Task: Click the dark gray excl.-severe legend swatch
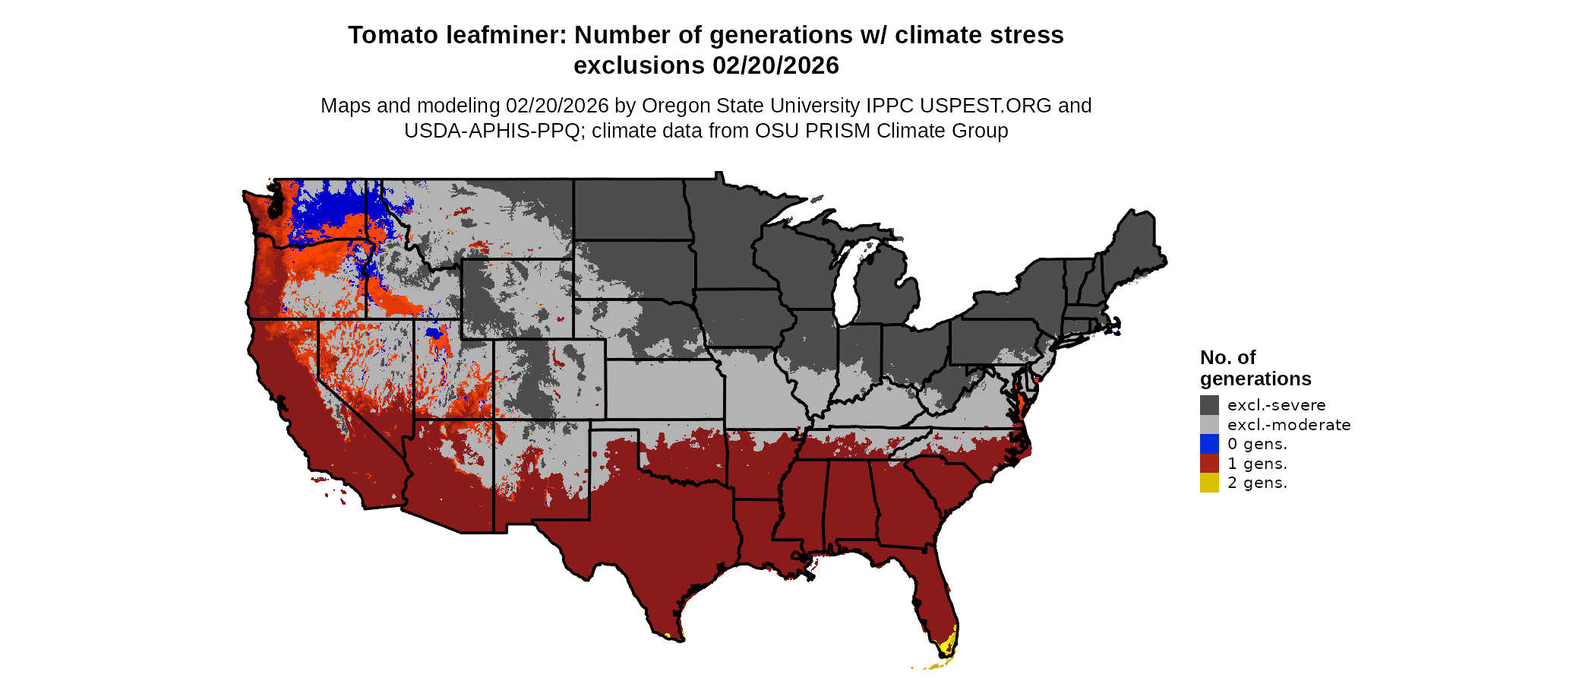click(x=1209, y=405)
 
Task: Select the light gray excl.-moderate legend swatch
click(x=1209, y=425)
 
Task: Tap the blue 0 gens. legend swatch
click(x=1209, y=444)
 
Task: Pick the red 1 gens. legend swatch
click(x=1209, y=464)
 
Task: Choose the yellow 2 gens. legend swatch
click(x=1209, y=483)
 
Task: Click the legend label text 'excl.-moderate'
click(x=1289, y=425)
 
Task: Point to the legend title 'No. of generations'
click(x=1255, y=368)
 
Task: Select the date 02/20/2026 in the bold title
click(x=775, y=65)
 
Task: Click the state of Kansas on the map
click(x=665, y=389)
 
